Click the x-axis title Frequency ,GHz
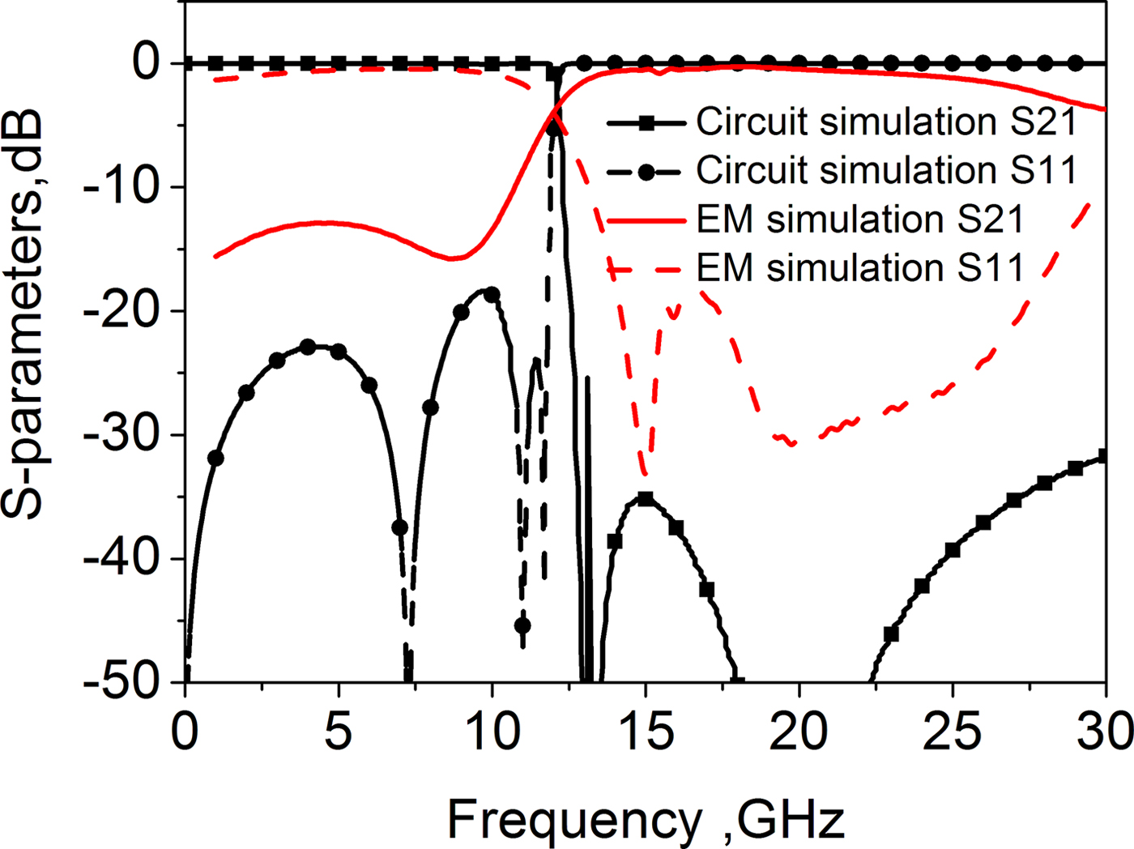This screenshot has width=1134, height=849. pyautogui.click(x=646, y=820)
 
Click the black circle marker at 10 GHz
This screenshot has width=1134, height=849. pyautogui.click(x=492, y=294)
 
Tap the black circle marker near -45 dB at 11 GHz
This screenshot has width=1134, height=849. pyautogui.click(x=522, y=625)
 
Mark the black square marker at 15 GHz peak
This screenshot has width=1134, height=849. pyautogui.click(x=646, y=499)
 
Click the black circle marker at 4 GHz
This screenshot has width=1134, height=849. pyautogui.click(x=308, y=347)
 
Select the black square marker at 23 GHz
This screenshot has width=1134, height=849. pyautogui.click(x=891, y=634)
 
